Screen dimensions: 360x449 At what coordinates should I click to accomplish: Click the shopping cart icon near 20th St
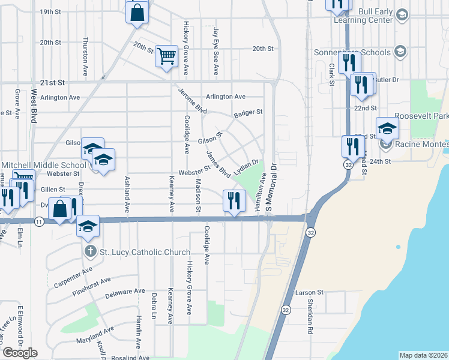(167, 56)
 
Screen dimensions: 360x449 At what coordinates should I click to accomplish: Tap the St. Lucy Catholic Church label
(144, 252)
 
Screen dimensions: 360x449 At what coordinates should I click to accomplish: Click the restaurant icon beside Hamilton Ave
(234, 200)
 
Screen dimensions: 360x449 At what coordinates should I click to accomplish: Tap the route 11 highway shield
(39, 221)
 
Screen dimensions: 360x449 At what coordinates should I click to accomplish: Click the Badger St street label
(249, 112)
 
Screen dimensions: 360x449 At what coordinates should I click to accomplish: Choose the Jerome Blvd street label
(193, 101)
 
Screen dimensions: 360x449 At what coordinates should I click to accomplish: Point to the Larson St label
(309, 292)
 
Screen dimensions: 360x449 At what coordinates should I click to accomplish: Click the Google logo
(20, 352)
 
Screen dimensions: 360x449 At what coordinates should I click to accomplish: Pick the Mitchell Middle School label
(44, 165)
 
